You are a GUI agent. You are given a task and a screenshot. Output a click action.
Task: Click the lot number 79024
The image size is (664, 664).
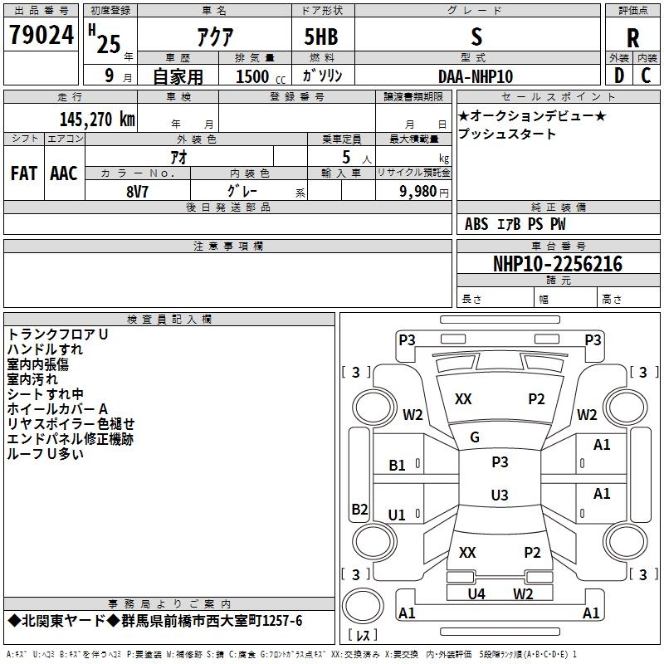41,35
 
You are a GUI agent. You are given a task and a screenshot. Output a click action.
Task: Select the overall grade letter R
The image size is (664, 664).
632,38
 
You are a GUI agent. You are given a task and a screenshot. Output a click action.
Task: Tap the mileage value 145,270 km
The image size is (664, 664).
97,120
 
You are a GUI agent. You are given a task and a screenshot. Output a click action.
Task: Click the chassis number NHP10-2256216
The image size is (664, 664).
558,264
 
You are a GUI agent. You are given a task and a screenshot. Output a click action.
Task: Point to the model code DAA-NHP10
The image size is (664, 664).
476,76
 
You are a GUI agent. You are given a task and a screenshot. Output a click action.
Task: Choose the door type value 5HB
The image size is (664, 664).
321,37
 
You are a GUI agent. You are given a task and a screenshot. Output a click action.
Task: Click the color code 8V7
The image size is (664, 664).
137,192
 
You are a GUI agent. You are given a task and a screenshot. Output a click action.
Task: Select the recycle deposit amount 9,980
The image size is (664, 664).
418,192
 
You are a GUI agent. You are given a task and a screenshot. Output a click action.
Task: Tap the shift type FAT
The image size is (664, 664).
24,173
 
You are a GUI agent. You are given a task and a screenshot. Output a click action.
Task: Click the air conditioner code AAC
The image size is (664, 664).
64,173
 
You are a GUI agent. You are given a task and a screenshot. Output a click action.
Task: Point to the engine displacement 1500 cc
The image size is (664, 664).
261,76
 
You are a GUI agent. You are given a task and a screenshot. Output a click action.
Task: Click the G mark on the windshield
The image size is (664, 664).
475,437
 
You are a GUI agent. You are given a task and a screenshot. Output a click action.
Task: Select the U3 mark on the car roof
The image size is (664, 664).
500,495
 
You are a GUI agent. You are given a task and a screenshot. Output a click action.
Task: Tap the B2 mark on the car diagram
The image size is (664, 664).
359,509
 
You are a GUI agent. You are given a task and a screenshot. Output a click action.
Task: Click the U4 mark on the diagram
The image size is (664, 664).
476,593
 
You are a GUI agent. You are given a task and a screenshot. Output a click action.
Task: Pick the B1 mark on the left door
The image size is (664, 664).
397,466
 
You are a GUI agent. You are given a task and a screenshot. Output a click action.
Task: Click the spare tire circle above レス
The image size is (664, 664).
363,606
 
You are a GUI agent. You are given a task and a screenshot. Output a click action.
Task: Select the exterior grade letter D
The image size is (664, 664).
619,76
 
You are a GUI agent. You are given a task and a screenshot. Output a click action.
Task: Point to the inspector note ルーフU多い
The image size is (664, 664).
45,454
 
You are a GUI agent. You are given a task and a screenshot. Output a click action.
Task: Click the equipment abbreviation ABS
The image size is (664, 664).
476,224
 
